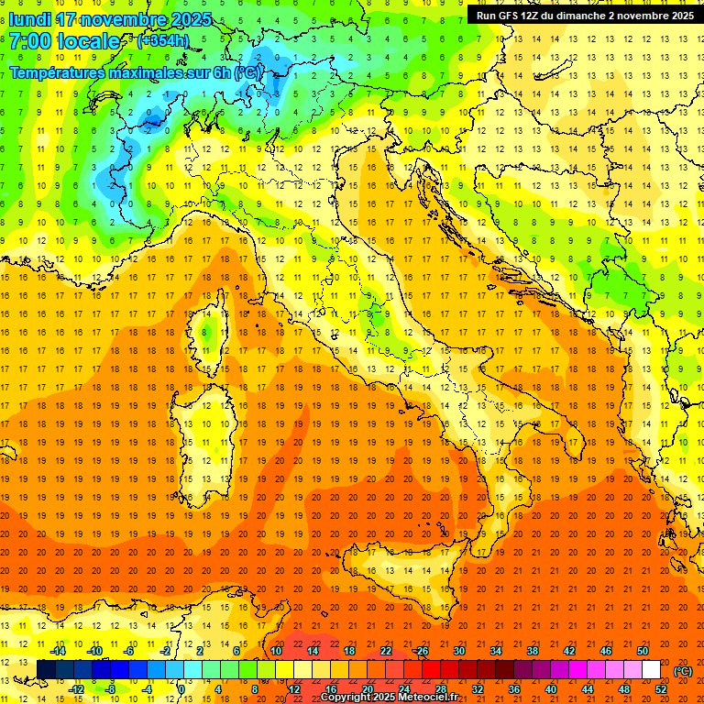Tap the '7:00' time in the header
[x=27, y=41]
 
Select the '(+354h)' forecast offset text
[x=162, y=41]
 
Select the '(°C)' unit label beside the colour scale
[x=683, y=671]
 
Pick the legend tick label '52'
[x=661, y=689]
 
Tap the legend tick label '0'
[x=181, y=689]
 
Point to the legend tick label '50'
[x=643, y=652]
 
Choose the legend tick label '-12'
[x=77, y=689]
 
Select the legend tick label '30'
[x=459, y=652]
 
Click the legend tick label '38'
[x=533, y=652]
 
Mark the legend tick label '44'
[x=588, y=689]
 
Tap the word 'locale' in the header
[x=88, y=41]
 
